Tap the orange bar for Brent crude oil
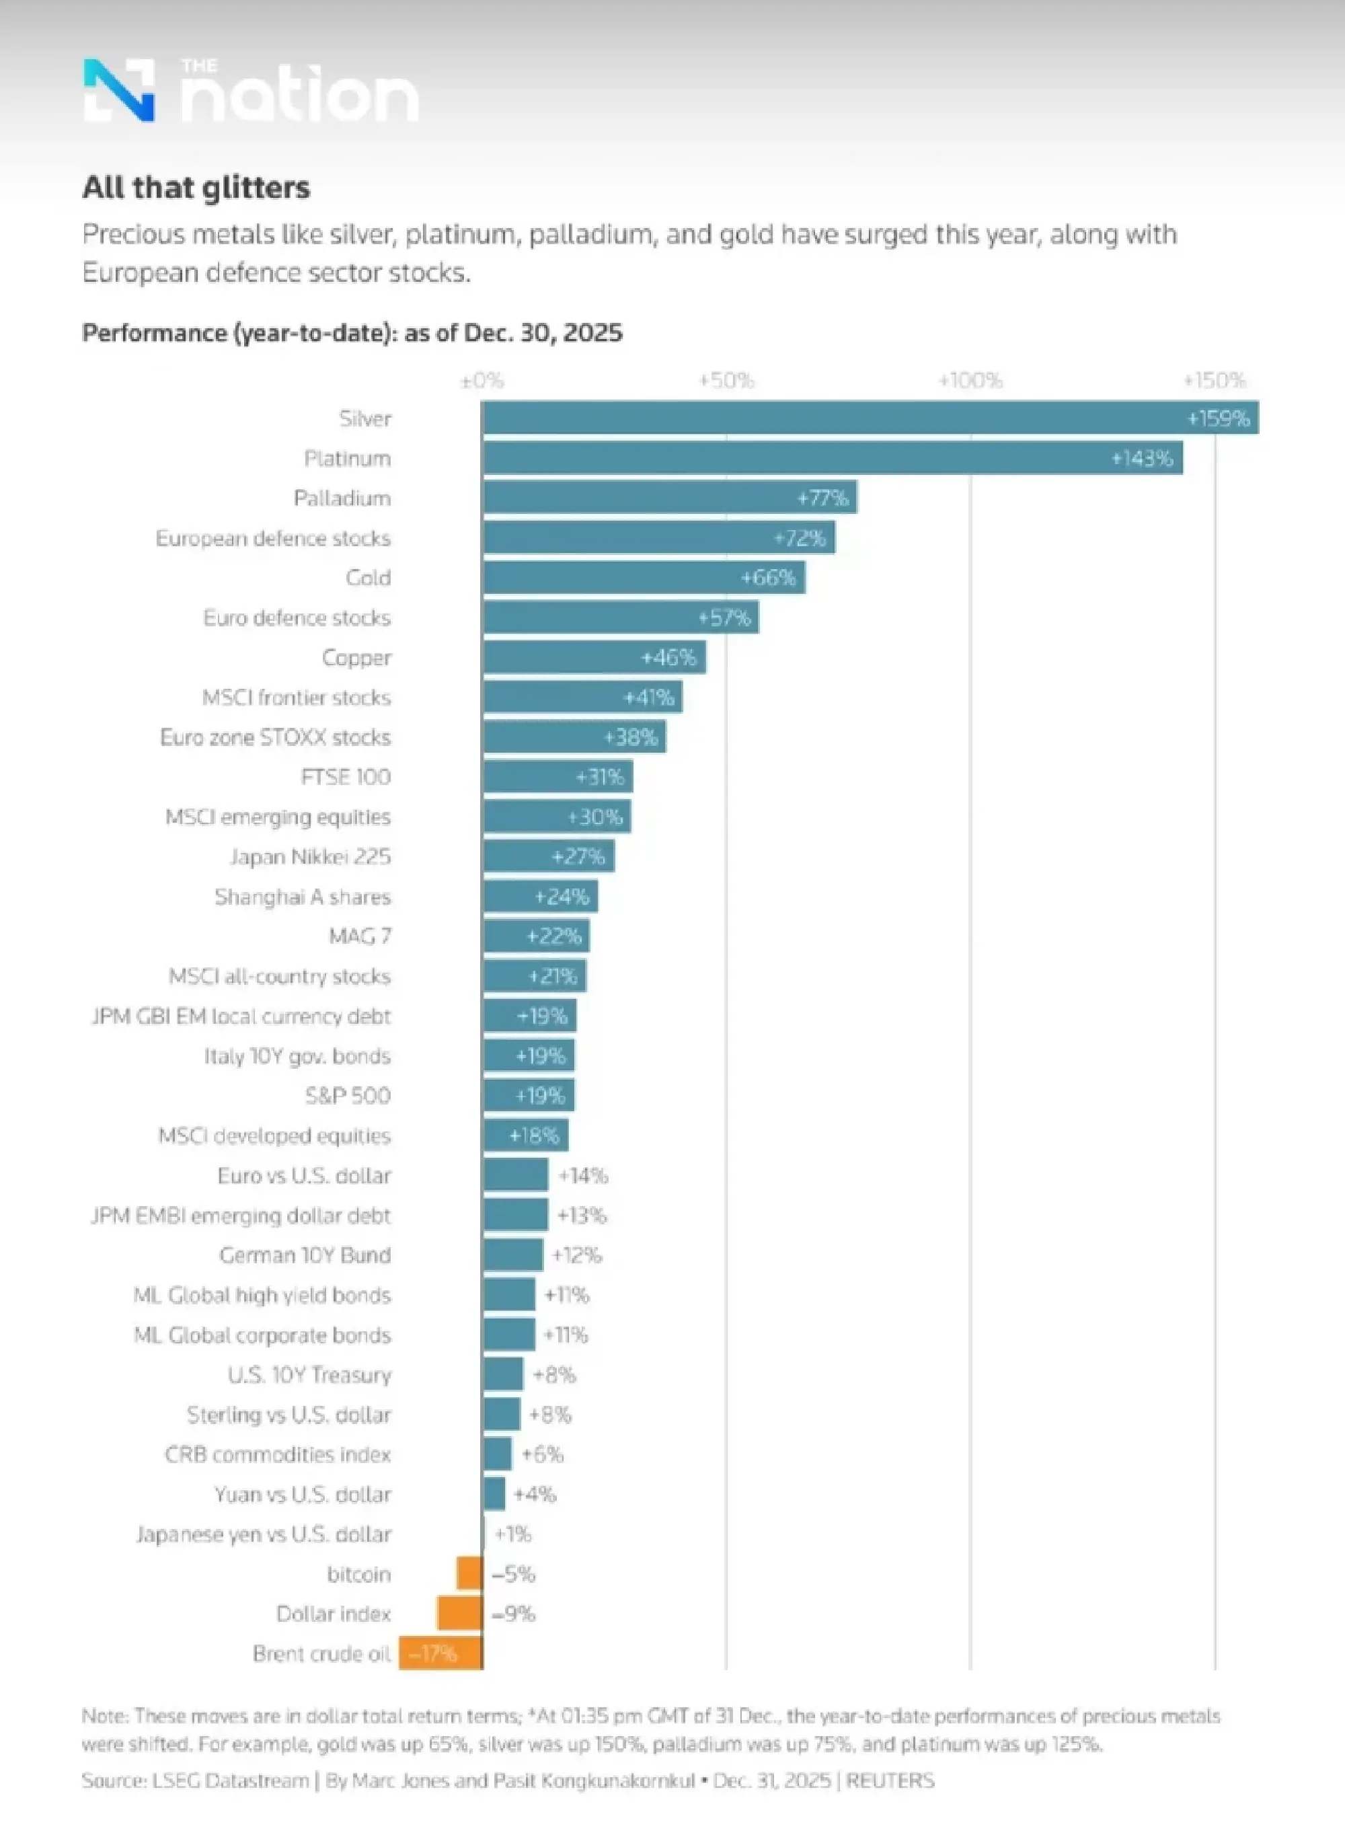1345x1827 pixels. tap(440, 1653)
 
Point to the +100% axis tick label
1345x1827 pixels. tap(970, 380)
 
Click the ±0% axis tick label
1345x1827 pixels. tap(482, 380)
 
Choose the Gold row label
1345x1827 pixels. tap(368, 577)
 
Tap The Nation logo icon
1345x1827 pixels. tap(119, 89)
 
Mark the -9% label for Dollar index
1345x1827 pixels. tap(514, 1614)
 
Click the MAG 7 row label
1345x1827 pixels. tap(360, 936)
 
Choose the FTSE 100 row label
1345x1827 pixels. tap(346, 777)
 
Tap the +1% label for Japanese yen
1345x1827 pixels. tap(513, 1534)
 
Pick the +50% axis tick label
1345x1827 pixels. tap(726, 380)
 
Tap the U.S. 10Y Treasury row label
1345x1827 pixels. tap(309, 1374)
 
